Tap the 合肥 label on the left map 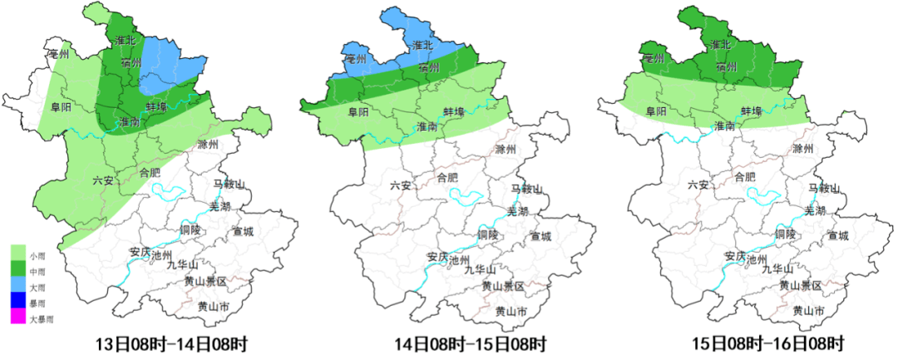(x=149, y=173)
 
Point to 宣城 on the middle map (x=541, y=236)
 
